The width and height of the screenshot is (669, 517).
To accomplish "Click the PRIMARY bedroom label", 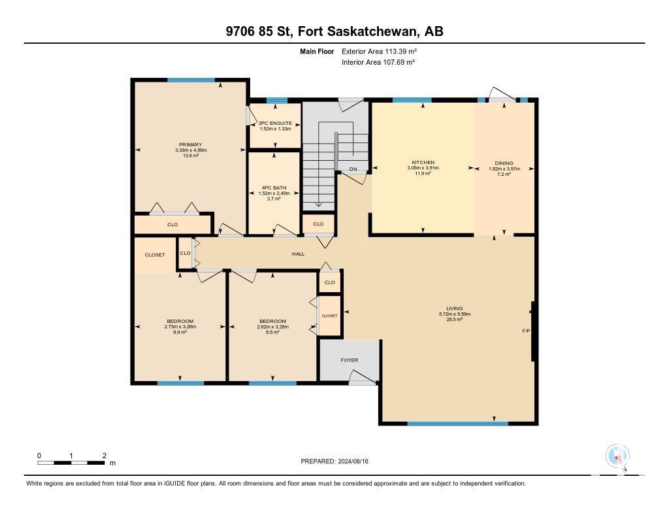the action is [x=190, y=144].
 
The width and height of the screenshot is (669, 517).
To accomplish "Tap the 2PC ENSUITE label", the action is [x=275, y=123].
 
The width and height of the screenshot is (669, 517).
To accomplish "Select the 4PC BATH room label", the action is [x=274, y=188].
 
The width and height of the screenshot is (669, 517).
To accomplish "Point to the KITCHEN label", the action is [x=423, y=162].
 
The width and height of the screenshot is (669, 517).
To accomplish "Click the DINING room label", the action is [x=504, y=163].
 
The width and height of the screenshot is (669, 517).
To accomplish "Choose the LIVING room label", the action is [x=455, y=309].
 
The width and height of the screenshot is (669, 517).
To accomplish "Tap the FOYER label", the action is [x=350, y=360].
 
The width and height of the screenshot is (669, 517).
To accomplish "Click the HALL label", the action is [x=298, y=254].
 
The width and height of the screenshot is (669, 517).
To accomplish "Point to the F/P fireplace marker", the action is [x=526, y=331].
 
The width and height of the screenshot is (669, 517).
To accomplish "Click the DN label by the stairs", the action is [x=353, y=169].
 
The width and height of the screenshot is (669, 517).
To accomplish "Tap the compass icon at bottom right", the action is [x=617, y=456].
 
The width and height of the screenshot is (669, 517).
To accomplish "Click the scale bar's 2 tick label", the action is [x=105, y=456].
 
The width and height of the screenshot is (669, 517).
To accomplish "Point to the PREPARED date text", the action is [x=334, y=461].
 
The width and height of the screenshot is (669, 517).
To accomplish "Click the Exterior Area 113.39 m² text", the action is [x=379, y=51].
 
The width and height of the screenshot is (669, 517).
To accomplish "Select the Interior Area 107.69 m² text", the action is [x=378, y=62].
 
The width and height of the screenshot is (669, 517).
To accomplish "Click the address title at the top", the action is [x=334, y=31].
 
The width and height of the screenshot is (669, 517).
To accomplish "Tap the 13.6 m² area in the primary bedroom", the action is [x=191, y=156].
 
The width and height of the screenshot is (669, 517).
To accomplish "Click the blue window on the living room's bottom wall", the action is [x=458, y=424].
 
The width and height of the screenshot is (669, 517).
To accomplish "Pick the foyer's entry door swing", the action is [x=362, y=376].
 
